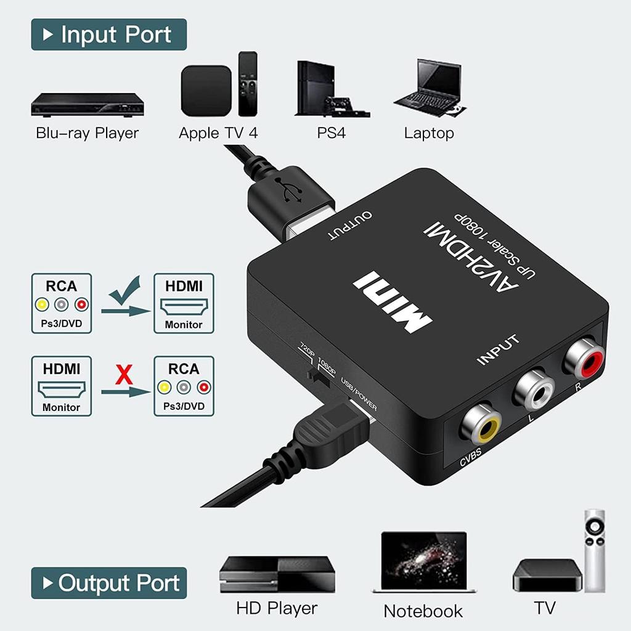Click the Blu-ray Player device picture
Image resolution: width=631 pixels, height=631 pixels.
pos(87,104)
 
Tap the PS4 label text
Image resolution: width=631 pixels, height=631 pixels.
pos(332,132)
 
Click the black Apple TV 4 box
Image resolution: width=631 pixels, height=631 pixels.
pos(206,91)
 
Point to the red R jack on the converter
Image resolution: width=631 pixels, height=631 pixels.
pos(582,359)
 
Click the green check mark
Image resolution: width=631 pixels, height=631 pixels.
pos(126,293)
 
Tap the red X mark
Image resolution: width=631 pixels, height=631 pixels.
pos(124,375)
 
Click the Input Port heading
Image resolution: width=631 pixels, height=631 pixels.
pos(108,35)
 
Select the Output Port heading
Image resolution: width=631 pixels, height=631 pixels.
pos(108,582)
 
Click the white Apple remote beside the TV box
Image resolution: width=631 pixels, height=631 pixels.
pos(595,549)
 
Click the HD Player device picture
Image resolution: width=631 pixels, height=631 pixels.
pos(277,574)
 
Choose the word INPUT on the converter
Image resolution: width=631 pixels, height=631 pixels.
pos(499,349)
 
